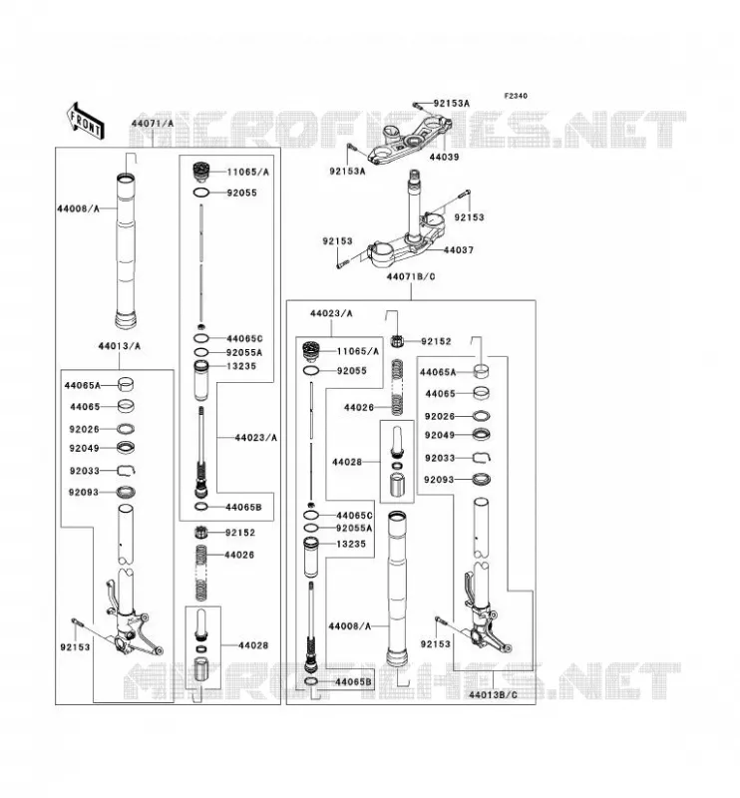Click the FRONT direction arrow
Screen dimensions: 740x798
86,121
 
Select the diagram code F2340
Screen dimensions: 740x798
516,96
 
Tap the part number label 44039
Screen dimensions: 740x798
444,157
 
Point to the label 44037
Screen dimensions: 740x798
458,250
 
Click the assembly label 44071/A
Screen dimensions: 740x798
153,123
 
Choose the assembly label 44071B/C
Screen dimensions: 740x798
411,277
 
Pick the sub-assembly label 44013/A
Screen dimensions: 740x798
119,346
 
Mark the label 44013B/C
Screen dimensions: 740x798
493,694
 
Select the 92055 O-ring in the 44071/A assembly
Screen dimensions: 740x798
201,193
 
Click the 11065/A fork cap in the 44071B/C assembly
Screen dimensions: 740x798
310,351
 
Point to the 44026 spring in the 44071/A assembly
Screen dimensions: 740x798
202,572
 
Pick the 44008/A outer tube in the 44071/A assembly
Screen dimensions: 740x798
126,250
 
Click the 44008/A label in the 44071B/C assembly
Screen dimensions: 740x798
350,626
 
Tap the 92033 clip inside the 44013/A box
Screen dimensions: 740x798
127,470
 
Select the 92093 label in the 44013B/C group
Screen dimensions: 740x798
439,480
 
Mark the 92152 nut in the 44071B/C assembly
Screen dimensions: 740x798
397,341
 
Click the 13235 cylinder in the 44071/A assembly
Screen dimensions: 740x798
201,380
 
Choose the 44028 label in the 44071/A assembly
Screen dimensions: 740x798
253,645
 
